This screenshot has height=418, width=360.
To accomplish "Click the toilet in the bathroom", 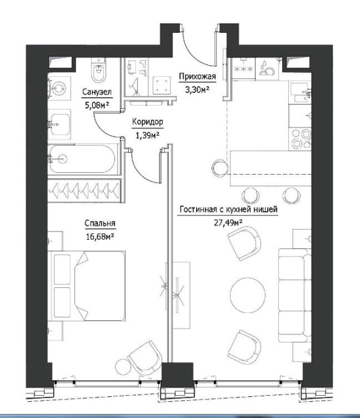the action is pyautogui.click(x=98, y=71).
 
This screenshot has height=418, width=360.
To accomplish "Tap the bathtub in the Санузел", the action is pyautogui.click(x=82, y=159).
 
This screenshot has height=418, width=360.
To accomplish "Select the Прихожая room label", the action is pyautogui.click(x=197, y=77).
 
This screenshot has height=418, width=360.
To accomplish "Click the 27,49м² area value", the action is pyautogui.click(x=228, y=222).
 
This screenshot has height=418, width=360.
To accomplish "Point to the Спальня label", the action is pyautogui.click(x=100, y=223).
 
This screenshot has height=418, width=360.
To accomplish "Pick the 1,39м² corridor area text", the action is pyautogui.click(x=147, y=136).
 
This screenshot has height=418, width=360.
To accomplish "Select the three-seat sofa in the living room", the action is pyautogui.click(x=295, y=295).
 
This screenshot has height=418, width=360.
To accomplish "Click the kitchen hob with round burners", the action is pyautogui.click(x=301, y=139).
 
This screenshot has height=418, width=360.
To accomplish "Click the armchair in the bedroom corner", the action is pyautogui.click(x=145, y=358).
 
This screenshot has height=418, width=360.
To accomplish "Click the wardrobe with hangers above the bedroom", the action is pyautogui.click(x=84, y=190).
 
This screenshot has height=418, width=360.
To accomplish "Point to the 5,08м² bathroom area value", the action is pyautogui.click(x=97, y=105).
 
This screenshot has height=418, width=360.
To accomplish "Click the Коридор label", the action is pyautogui.click(x=147, y=122).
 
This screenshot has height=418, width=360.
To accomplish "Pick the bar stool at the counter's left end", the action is pyautogui.click(x=220, y=168).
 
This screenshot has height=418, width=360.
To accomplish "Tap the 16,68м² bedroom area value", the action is pyautogui.click(x=100, y=236).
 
